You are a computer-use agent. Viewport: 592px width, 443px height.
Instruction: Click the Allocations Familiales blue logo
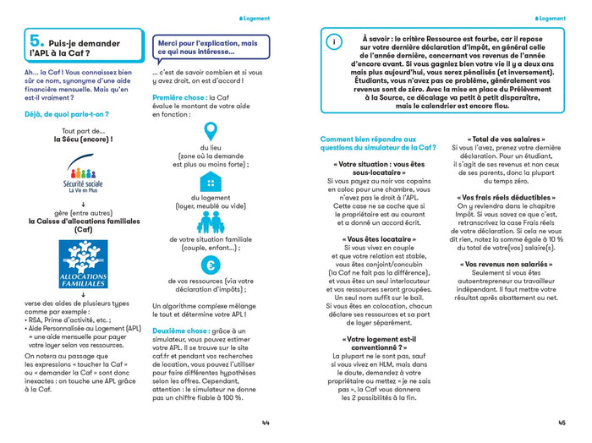(x=83, y=265)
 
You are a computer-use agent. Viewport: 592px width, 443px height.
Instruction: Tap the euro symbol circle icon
(x=211, y=265)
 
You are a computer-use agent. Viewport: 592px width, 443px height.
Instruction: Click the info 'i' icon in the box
(x=334, y=41)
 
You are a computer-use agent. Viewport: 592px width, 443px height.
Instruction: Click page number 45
(x=562, y=423)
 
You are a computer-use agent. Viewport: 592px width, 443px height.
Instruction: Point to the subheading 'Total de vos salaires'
(x=507, y=139)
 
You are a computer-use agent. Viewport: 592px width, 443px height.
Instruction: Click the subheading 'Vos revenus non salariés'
(x=507, y=264)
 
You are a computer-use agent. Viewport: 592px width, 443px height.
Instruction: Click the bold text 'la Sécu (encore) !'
(x=83, y=139)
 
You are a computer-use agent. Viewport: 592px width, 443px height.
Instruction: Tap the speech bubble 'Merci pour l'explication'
(x=212, y=47)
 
